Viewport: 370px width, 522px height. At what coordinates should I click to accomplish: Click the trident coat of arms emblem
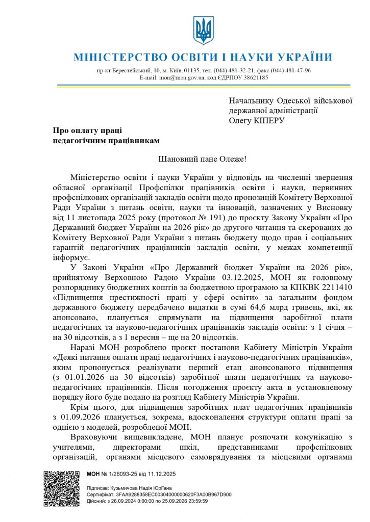203,30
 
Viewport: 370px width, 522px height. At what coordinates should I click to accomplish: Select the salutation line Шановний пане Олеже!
202,159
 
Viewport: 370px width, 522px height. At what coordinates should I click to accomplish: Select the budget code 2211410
324,287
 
